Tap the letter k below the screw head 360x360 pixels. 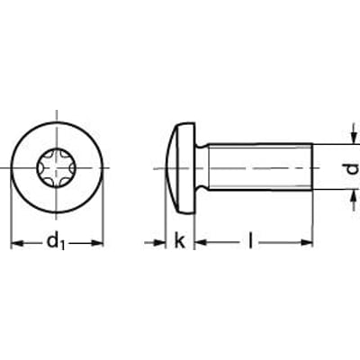click(180, 241)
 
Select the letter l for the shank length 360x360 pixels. click(251, 240)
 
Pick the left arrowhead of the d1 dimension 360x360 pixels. click(14, 243)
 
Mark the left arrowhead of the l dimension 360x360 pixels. click(199, 243)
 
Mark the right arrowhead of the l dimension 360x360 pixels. click(308, 243)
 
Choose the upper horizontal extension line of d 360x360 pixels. click(333, 144)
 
